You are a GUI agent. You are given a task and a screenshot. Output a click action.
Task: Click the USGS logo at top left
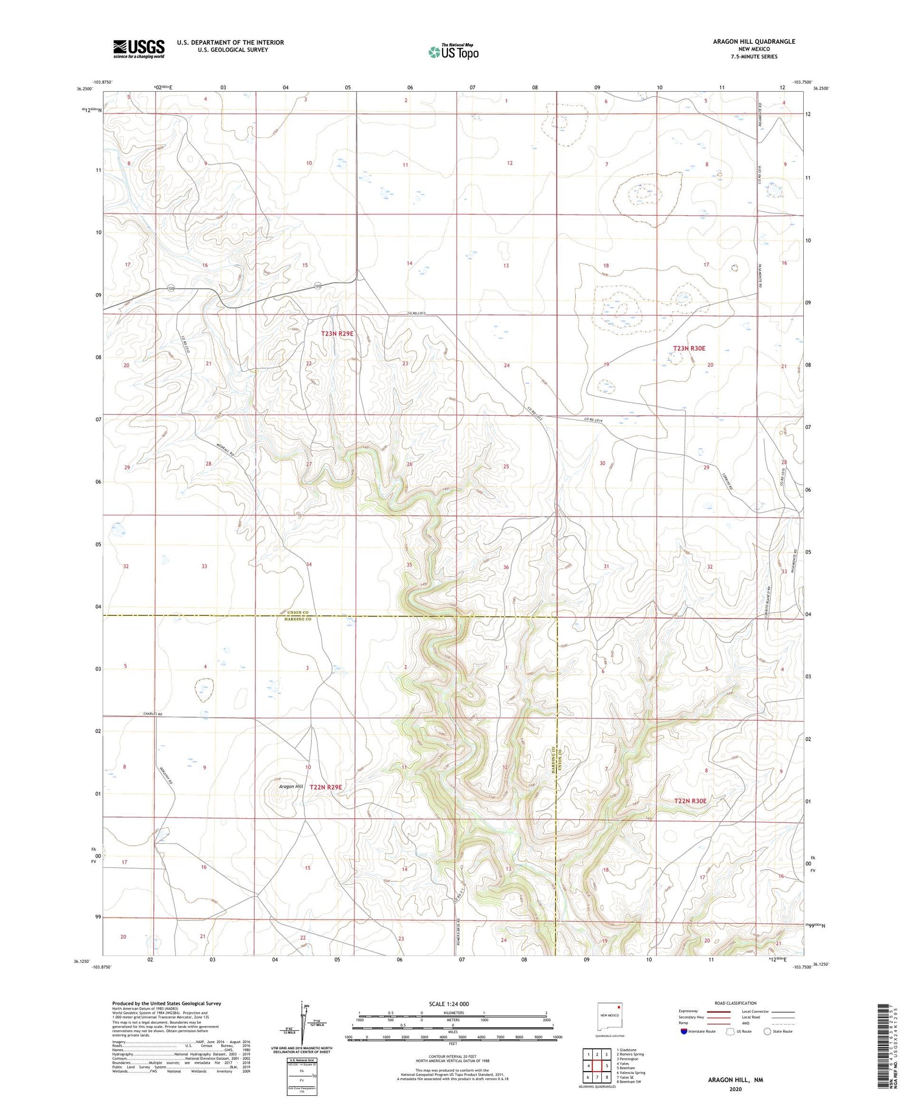[139, 49]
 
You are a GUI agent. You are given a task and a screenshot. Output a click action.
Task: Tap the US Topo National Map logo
[454, 52]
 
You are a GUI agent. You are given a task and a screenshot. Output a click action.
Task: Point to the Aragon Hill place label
[291, 787]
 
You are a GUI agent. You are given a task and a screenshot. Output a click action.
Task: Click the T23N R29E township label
[337, 334]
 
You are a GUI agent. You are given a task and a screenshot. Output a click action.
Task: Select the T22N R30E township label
[690, 801]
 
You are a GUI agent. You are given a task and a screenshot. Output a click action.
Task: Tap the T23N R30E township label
[689, 348]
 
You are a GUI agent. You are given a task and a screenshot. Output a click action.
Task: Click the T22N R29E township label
[326, 787]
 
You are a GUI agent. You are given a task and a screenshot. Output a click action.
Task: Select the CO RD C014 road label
[596, 419]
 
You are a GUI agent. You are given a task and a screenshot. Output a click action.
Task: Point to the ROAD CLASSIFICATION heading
[736, 1003]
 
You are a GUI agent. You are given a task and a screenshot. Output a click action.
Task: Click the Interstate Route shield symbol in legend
[684, 1031]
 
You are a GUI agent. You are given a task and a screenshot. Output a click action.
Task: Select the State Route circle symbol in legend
[767, 1031]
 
